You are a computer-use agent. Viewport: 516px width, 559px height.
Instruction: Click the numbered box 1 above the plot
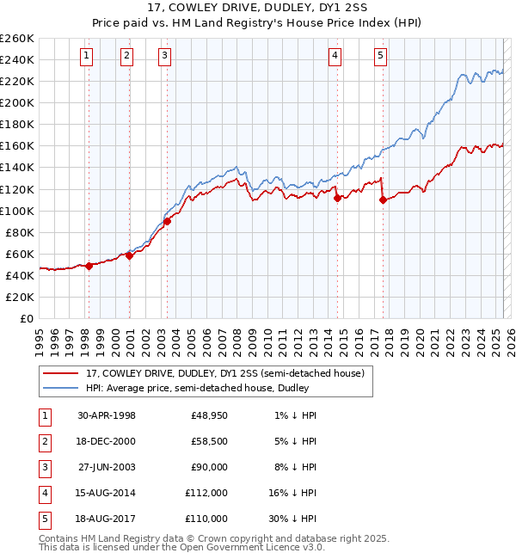[x=88, y=57]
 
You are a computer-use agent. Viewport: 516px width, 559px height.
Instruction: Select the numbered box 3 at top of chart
[x=164, y=57]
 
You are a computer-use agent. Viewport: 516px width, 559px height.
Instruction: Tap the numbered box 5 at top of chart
[x=380, y=57]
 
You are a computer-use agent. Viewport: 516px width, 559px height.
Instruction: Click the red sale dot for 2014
[x=337, y=198]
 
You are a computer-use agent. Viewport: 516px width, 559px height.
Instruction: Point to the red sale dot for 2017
[x=383, y=200]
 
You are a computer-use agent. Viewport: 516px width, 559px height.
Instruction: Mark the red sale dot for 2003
[x=168, y=221]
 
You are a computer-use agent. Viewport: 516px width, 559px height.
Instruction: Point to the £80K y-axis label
[x=20, y=232]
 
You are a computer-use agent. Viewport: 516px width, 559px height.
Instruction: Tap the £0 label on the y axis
[x=28, y=319]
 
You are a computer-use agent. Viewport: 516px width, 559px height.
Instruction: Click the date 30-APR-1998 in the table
[x=106, y=415]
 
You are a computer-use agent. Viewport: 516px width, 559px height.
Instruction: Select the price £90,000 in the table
[x=209, y=467]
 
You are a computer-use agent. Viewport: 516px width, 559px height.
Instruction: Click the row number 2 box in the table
[x=43, y=441]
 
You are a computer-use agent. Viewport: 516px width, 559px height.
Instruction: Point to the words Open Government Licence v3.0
[x=254, y=546]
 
